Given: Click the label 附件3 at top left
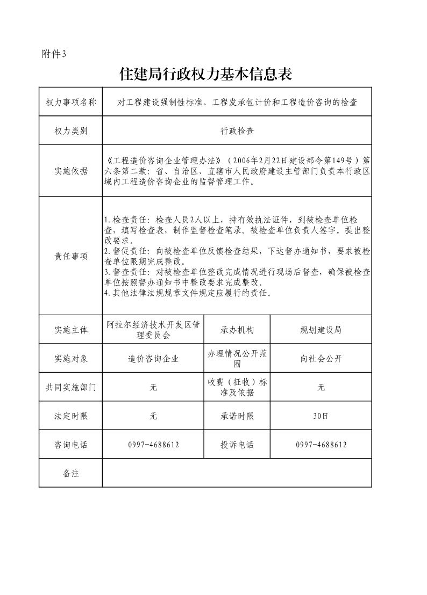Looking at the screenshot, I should (x=53, y=54).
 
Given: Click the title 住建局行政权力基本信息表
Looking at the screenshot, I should (x=205, y=74).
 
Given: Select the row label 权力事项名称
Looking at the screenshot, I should (x=70, y=102).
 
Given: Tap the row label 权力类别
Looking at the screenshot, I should (x=70, y=130).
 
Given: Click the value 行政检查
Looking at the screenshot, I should (x=237, y=130).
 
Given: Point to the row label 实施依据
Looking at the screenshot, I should (x=70, y=171).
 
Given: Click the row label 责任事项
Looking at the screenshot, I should (x=70, y=256).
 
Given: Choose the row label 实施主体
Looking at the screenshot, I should (x=70, y=330).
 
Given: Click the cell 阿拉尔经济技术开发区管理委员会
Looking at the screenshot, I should (x=153, y=330).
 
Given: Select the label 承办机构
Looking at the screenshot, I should (x=237, y=330).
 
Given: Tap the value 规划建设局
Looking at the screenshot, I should (x=321, y=330).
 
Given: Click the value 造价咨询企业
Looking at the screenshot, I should (x=153, y=359).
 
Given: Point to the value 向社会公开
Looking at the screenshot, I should (x=321, y=359).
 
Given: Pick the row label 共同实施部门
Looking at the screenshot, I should (x=70, y=387).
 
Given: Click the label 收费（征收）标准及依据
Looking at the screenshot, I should (x=237, y=387).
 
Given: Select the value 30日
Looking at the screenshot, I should (x=321, y=416).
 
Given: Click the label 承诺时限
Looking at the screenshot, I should (x=237, y=416).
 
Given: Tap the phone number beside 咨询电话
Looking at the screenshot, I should (x=153, y=445).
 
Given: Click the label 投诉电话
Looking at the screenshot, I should (x=237, y=445).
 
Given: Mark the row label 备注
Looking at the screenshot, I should (x=70, y=473).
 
